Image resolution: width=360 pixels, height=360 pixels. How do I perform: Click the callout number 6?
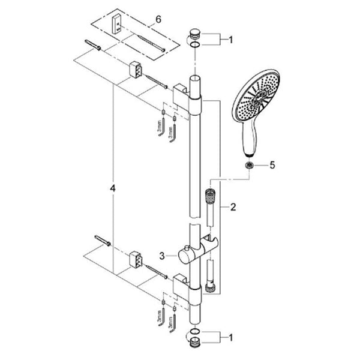click(158, 20)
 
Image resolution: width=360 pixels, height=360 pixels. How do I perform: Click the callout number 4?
click(113, 189)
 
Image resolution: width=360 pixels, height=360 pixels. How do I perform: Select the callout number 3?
click(162, 256)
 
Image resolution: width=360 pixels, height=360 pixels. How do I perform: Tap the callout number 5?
click(272, 165)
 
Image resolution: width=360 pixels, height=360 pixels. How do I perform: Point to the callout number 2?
click(233, 208)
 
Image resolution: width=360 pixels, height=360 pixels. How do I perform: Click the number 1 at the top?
click(231, 40)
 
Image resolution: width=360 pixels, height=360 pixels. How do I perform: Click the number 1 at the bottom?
click(231, 338)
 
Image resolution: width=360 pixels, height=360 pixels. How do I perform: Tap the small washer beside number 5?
click(249, 165)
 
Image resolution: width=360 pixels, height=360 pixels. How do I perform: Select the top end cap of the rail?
click(195, 33)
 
